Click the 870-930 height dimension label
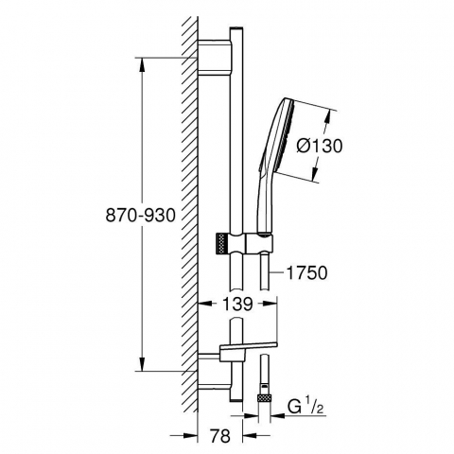click(140, 216)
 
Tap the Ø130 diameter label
click(319, 147)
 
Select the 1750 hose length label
click(306, 272)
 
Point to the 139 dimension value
click(237, 304)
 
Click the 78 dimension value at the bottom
click(220, 436)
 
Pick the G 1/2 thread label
click(306, 407)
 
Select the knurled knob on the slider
click(221, 243)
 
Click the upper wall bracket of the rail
click(215, 58)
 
